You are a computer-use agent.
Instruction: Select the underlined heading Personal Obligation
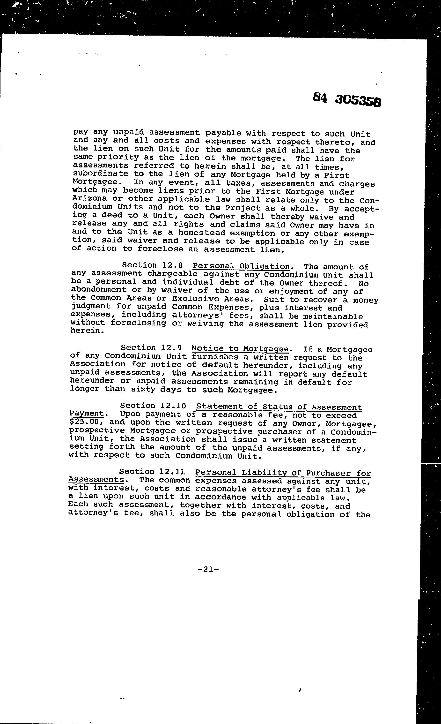[x=241, y=266]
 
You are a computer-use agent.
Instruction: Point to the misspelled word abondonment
[x=99, y=290]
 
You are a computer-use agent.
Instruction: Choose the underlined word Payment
[x=86, y=414]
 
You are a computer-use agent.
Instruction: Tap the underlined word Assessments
[x=96, y=480]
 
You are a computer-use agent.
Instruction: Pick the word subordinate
[x=100, y=174]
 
